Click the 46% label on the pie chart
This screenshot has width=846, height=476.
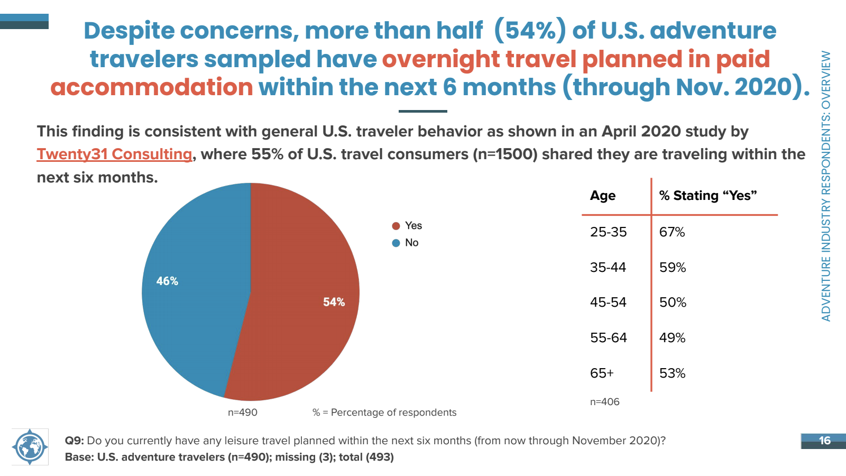click(167, 281)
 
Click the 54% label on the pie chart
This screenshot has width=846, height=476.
click(334, 302)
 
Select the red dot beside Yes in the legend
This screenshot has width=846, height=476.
click(396, 226)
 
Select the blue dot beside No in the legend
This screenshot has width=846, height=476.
click(396, 243)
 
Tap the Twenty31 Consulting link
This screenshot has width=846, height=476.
click(114, 154)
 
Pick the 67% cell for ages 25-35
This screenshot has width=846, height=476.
click(672, 232)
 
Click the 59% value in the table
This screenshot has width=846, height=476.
click(672, 268)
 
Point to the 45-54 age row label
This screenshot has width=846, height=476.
click(608, 302)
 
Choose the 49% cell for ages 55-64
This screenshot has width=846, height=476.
click(672, 337)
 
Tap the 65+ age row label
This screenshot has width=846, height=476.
click(602, 373)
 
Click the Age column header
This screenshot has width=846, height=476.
click(603, 196)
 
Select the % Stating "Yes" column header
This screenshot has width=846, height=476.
click(708, 196)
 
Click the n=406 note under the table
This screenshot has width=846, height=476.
click(605, 401)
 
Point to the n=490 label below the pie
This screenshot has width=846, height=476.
click(243, 412)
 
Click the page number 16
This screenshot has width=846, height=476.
click(824, 441)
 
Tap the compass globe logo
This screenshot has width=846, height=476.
click(30, 447)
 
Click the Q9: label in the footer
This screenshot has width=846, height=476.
click(75, 441)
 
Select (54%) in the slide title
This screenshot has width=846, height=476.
click(530, 30)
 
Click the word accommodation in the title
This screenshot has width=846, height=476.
click(151, 87)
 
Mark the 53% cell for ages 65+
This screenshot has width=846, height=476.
click(672, 373)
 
